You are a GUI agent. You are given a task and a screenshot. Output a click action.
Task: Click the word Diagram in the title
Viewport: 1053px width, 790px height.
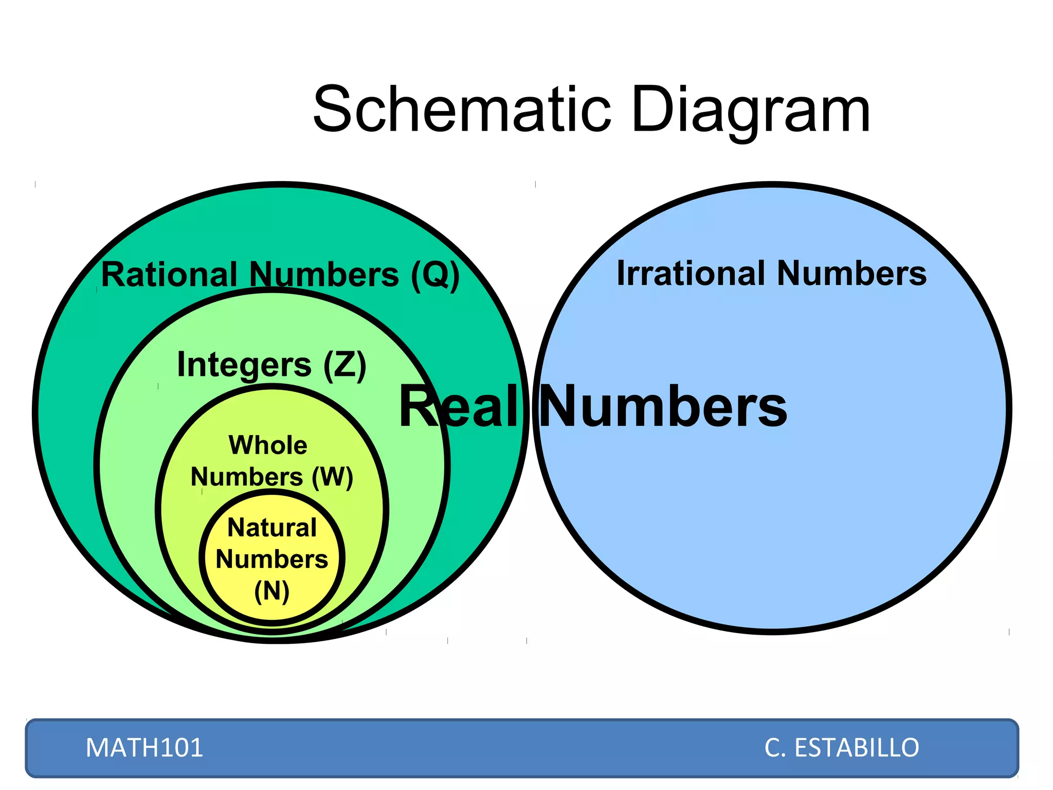751,110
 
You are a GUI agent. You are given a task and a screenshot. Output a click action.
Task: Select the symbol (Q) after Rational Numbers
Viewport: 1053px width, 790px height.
435,275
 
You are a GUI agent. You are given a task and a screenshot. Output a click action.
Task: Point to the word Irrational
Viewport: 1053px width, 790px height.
691,273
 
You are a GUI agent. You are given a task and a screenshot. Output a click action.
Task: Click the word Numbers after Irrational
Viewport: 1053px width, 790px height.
851,273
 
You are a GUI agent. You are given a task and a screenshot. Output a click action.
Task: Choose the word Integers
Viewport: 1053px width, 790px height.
244,365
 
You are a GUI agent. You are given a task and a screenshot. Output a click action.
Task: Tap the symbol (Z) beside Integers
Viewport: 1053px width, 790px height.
345,365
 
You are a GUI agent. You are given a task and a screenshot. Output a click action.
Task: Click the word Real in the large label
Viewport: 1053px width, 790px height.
458,407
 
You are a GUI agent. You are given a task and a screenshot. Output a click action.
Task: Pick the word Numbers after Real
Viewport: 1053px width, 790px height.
663,407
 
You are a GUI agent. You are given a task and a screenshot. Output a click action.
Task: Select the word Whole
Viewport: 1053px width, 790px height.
268,445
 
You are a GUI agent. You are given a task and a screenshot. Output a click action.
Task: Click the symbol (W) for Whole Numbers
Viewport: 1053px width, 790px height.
332,477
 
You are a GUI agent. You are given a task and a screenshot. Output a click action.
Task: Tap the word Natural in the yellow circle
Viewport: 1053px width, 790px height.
272,528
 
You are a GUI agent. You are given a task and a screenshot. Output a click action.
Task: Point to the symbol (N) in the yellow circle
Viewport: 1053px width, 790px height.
272,591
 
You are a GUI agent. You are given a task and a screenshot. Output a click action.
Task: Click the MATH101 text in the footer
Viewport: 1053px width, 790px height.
144,747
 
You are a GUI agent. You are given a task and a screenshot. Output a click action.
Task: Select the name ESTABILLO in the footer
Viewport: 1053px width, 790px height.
857,747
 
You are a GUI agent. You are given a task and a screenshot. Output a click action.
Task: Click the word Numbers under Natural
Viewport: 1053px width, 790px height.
272,559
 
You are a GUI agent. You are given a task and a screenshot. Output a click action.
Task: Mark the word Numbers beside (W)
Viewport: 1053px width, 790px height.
247,477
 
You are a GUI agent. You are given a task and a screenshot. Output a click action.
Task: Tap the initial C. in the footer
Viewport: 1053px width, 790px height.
775,747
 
